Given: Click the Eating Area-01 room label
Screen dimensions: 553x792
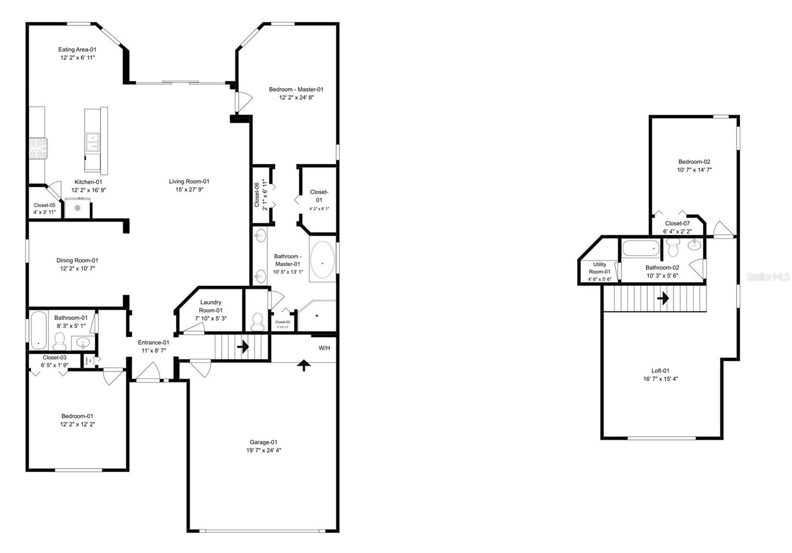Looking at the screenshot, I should tap(77, 50).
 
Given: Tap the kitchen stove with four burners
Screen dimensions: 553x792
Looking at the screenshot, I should tap(38, 148).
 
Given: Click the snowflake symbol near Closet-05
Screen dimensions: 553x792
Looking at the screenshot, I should tap(77, 207).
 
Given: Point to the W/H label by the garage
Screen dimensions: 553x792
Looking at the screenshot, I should tap(324, 348).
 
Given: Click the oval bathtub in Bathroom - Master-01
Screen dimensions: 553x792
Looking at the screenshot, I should tap(322, 261).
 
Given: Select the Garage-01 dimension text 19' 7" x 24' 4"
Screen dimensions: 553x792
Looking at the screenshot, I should tap(264, 451).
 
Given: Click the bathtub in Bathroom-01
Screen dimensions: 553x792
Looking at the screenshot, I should tap(38, 329).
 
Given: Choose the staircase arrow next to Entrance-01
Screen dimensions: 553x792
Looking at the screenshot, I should tap(243, 347).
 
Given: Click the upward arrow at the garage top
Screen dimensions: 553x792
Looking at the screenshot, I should tap(304, 365).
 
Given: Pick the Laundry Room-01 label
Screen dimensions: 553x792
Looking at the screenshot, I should tap(210, 302).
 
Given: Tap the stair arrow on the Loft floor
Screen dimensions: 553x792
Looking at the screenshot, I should tap(663, 298).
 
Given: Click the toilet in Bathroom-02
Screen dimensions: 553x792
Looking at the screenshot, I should tap(673, 247).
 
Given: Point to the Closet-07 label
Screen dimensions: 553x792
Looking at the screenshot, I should tap(677, 223).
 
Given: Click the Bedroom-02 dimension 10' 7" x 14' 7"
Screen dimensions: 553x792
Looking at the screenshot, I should tap(694, 170).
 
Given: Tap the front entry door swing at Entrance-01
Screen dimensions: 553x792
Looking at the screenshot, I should tap(148, 372).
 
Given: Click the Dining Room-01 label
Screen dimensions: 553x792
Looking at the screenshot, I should tap(77, 260).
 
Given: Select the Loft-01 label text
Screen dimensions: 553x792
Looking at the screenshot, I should tap(660, 371).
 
